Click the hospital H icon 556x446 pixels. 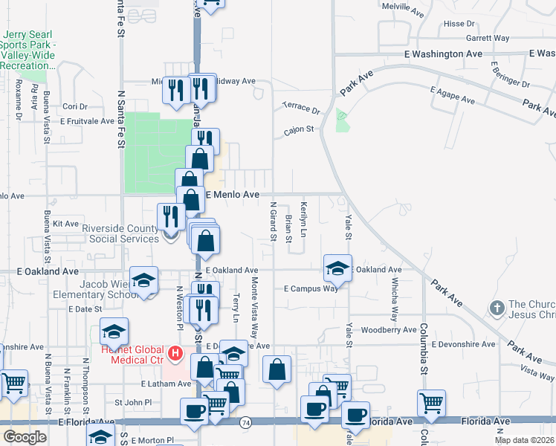(x=175, y=351)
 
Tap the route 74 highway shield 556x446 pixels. (x=245, y=421)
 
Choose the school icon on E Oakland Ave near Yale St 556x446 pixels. (x=337, y=268)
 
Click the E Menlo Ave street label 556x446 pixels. (x=232, y=194)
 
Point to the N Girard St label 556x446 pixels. (x=274, y=223)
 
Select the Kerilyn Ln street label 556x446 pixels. (x=303, y=219)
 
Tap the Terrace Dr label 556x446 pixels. (x=300, y=109)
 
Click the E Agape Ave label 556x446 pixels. (x=452, y=94)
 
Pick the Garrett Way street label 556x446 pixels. (x=488, y=37)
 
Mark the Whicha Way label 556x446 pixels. (x=395, y=298)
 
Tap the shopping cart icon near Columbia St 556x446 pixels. (x=431, y=402)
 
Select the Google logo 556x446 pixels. (x=25, y=437)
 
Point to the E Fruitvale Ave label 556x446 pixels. (x=84, y=120)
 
